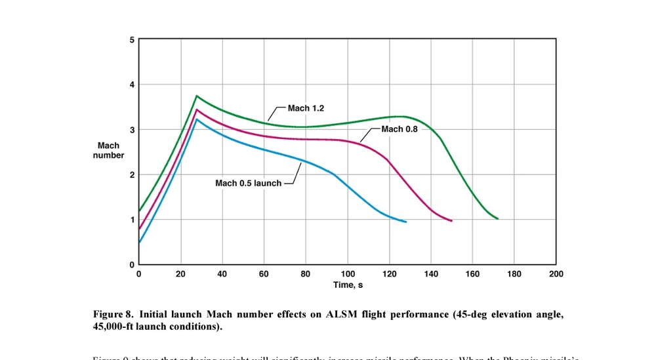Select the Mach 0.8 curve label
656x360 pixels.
[400, 129]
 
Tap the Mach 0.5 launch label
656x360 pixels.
[248, 183]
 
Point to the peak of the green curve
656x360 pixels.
[196, 96]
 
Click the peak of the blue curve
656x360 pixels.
[196, 119]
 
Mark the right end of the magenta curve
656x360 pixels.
[452, 221]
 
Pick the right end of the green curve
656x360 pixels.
[498, 218]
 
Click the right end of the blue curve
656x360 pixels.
[406, 222]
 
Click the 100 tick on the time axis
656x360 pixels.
[347, 273]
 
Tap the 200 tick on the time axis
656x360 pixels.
[556, 273]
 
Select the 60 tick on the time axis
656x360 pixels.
[264, 273]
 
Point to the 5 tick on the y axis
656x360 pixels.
[132, 40]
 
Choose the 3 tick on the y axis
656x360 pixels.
[132, 130]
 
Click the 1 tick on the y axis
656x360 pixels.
[132, 220]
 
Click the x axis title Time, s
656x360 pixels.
[348, 285]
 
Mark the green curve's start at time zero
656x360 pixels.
[139, 210]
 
